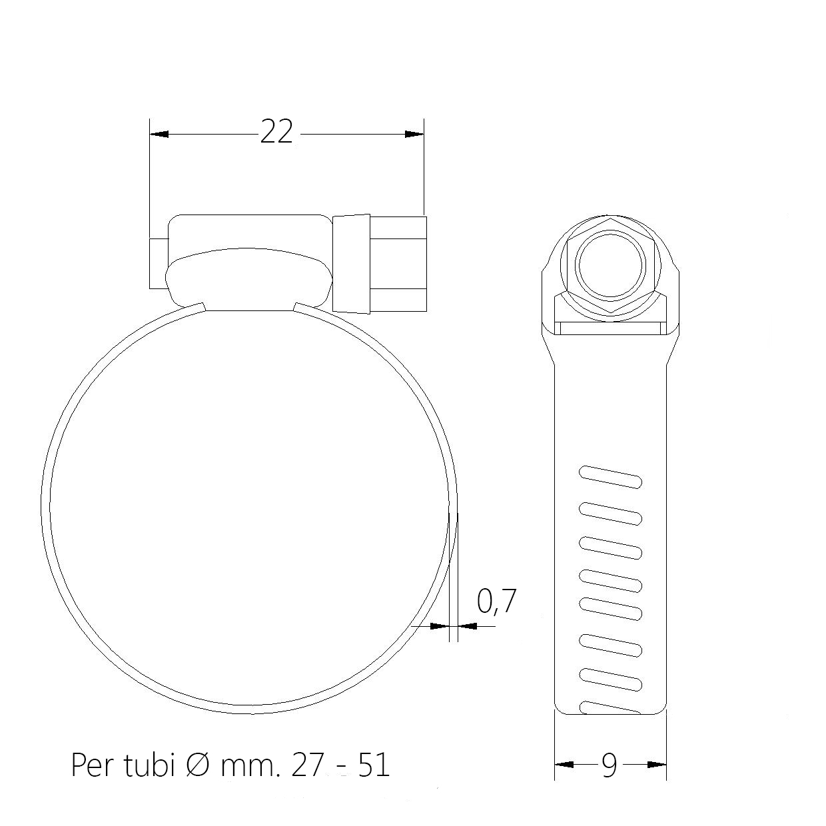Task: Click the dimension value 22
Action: click(x=276, y=132)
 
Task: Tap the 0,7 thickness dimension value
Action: click(x=496, y=602)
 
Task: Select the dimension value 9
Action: click(x=609, y=765)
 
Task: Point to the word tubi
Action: click(x=149, y=764)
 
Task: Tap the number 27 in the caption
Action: click(x=306, y=765)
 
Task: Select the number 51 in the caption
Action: click(x=373, y=765)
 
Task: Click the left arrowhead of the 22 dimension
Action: click(x=159, y=134)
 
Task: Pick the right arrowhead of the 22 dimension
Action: click(x=414, y=134)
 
